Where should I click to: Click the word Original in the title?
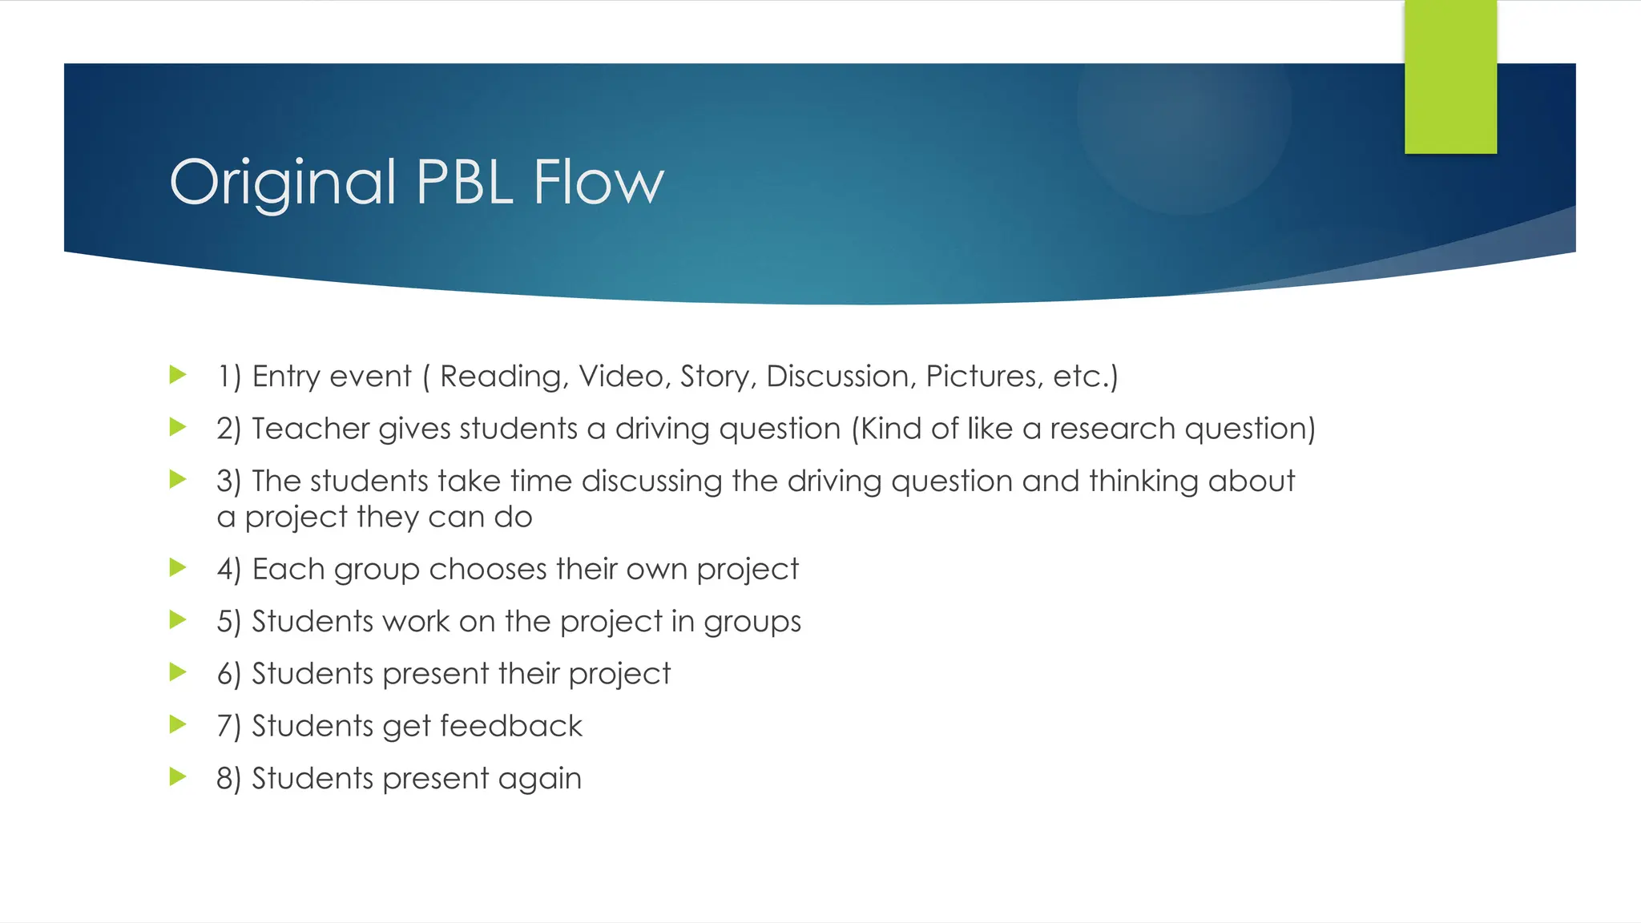coord(283,183)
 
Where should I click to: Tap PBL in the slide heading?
coord(465,182)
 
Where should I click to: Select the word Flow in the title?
coord(599,182)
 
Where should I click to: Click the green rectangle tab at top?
coord(1450,77)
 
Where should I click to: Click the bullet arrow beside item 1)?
coord(178,374)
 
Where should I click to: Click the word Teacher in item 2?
coord(310,429)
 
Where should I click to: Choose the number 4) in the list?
coord(228,570)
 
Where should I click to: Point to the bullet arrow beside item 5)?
coord(178,619)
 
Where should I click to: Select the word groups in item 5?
coord(752,623)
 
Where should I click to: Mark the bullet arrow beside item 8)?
coord(178,776)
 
